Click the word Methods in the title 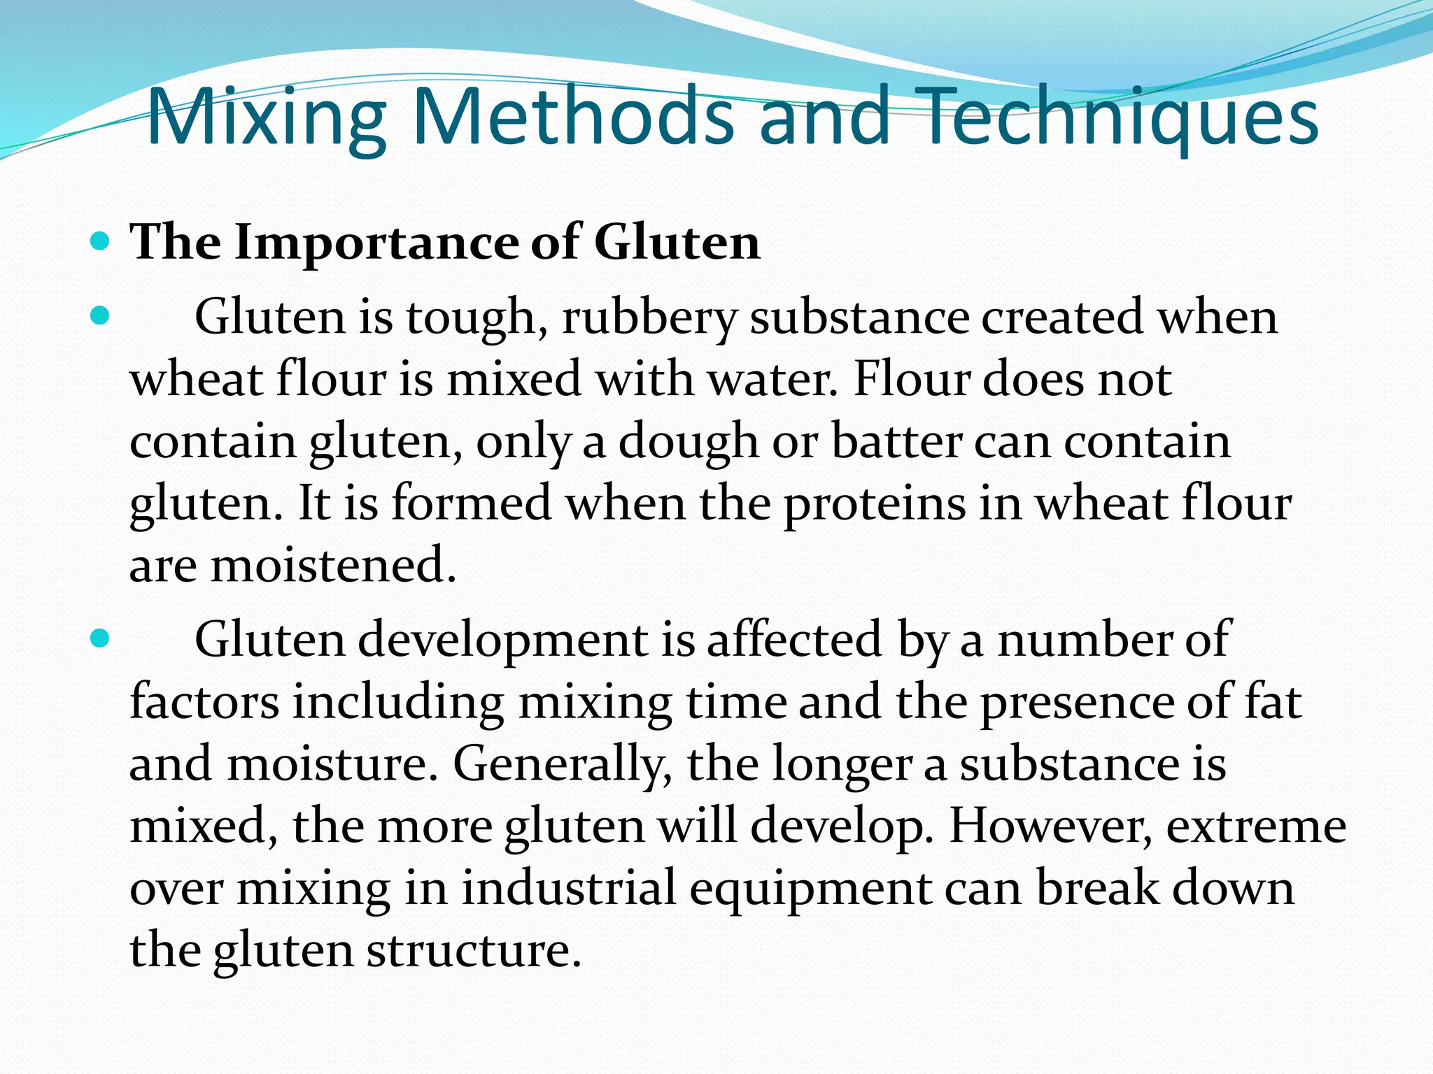572,116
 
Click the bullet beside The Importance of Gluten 101,243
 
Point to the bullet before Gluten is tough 101,317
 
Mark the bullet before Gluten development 101,639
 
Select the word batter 896,442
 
